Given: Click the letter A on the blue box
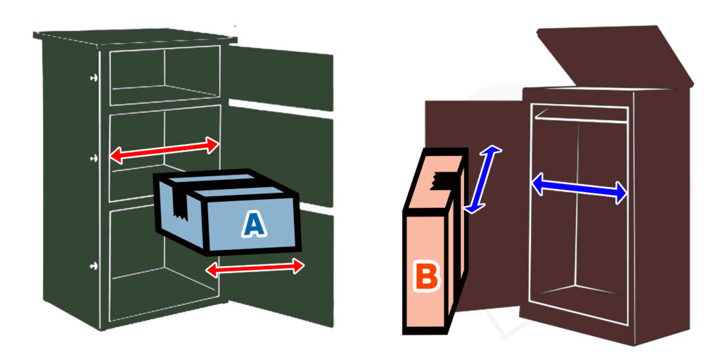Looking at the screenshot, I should coord(254,224).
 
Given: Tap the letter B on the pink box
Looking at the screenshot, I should coord(425,276).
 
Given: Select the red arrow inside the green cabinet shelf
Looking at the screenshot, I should coord(165,150).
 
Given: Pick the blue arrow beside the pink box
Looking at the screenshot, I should coord(485,179).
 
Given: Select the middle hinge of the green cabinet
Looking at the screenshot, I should coord(93,158).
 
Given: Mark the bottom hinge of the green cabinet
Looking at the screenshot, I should coord(93,265).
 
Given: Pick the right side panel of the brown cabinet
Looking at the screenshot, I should coord(661,211).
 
